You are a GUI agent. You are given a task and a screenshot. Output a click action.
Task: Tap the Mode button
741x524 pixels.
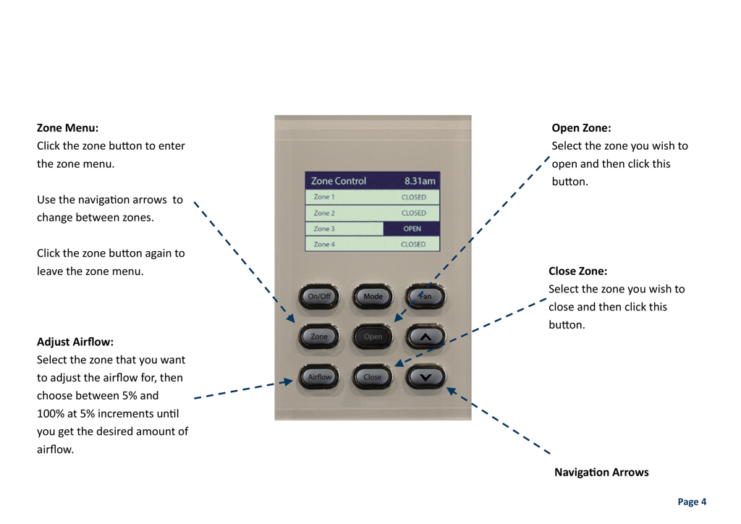coord(373,296)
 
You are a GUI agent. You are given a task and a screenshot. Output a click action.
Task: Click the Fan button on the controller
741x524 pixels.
coord(425,296)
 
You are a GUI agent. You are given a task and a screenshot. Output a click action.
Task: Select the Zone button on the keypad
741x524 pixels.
coord(319,337)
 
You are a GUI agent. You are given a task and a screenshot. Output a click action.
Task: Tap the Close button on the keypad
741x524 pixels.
coord(373,377)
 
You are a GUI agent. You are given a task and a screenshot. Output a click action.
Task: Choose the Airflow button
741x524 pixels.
coord(319,377)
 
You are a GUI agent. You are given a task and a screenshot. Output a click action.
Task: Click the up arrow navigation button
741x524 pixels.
coord(425,337)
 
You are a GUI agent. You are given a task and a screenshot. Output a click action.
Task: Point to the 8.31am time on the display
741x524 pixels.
coord(420,181)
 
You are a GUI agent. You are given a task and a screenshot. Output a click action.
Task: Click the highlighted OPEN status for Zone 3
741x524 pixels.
coord(412,229)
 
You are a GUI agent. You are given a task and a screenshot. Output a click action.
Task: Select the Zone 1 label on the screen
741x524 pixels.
coord(324,197)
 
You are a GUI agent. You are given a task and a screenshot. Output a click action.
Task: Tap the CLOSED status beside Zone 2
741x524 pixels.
coord(413,213)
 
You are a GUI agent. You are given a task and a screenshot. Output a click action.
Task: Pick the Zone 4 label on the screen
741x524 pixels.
coord(324,245)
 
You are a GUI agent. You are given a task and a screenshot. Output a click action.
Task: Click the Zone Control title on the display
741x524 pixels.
coord(339,181)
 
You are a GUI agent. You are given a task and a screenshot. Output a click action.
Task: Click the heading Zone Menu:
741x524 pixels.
coord(67,128)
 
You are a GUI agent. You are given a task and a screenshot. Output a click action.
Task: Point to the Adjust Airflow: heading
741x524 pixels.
coord(75,342)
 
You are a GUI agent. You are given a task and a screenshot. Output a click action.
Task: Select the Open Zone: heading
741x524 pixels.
coord(581,128)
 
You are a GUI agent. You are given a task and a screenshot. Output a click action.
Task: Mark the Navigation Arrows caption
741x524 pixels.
coord(601,473)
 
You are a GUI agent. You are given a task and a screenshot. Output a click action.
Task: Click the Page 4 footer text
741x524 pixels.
coord(692,502)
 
